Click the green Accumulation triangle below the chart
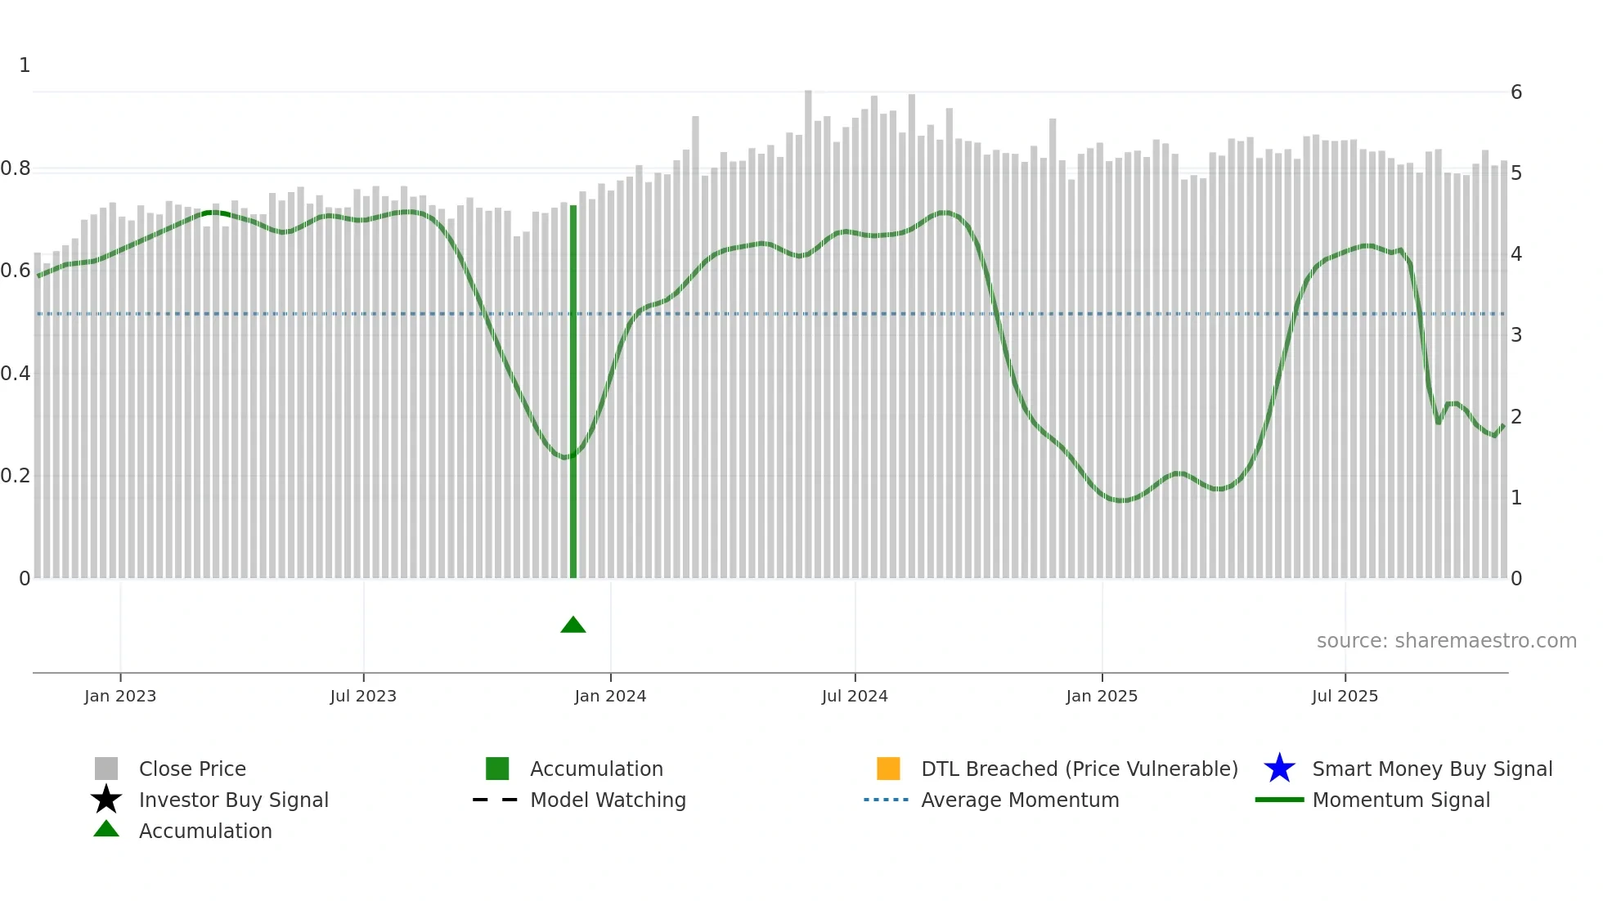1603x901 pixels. (573, 625)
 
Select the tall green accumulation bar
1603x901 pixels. (573, 392)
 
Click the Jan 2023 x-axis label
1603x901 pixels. (120, 696)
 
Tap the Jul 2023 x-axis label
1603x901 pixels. (363, 696)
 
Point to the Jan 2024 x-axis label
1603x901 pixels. (610, 696)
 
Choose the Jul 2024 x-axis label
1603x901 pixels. (855, 696)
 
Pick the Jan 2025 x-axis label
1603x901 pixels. (1102, 696)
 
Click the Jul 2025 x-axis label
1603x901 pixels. (1345, 696)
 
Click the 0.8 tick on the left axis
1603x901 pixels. (16, 168)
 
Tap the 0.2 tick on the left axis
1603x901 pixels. (16, 476)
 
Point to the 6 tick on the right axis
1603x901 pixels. (1516, 92)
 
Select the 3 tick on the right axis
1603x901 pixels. (1516, 335)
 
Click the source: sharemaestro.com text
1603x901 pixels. (1446, 641)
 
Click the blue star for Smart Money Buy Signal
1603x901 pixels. (1279, 769)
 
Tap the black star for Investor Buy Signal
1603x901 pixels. (106, 800)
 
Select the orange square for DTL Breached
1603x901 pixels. (888, 769)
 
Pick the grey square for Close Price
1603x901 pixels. (106, 769)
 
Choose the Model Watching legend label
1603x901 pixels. (608, 800)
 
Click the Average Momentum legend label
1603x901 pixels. (1020, 800)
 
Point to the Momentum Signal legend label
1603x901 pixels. (1401, 800)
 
